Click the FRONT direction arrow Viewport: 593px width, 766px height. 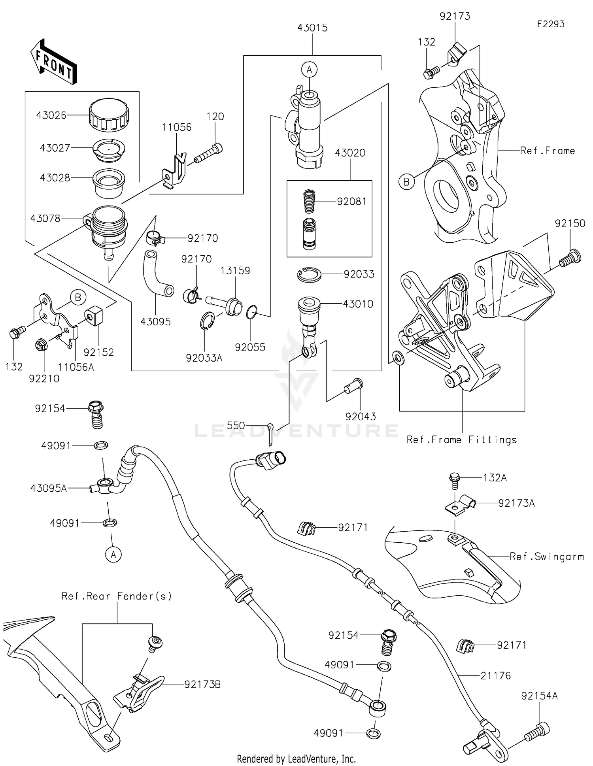[53, 62]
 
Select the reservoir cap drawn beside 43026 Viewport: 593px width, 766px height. [109, 114]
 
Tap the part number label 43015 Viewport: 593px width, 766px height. [312, 28]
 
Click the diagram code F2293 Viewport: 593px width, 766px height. [550, 24]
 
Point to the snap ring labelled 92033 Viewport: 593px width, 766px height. [309, 274]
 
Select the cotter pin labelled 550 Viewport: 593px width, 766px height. [270, 433]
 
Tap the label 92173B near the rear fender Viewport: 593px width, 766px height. [202, 685]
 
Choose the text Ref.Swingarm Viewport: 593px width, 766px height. [546, 557]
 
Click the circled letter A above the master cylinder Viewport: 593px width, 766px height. [309, 70]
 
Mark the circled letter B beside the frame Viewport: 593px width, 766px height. [406, 182]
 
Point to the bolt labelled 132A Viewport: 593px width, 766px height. [455, 480]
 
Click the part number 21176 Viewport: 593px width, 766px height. [495, 675]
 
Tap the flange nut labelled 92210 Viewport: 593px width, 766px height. [41, 345]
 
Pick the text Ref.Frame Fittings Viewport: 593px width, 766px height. [461, 440]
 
